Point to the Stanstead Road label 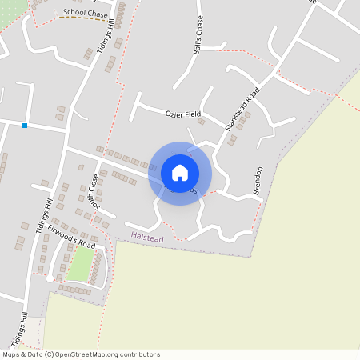click(242, 110)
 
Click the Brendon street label click(258, 180)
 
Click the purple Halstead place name click(146, 238)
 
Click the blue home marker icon click(180, 173)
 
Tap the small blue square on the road click(25, 126)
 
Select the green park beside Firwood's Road click(80, 263)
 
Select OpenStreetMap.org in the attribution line click(89, 354)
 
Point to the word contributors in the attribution click(138, 354)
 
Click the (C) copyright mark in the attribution click(50, 354)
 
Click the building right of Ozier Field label click(202, 122)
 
